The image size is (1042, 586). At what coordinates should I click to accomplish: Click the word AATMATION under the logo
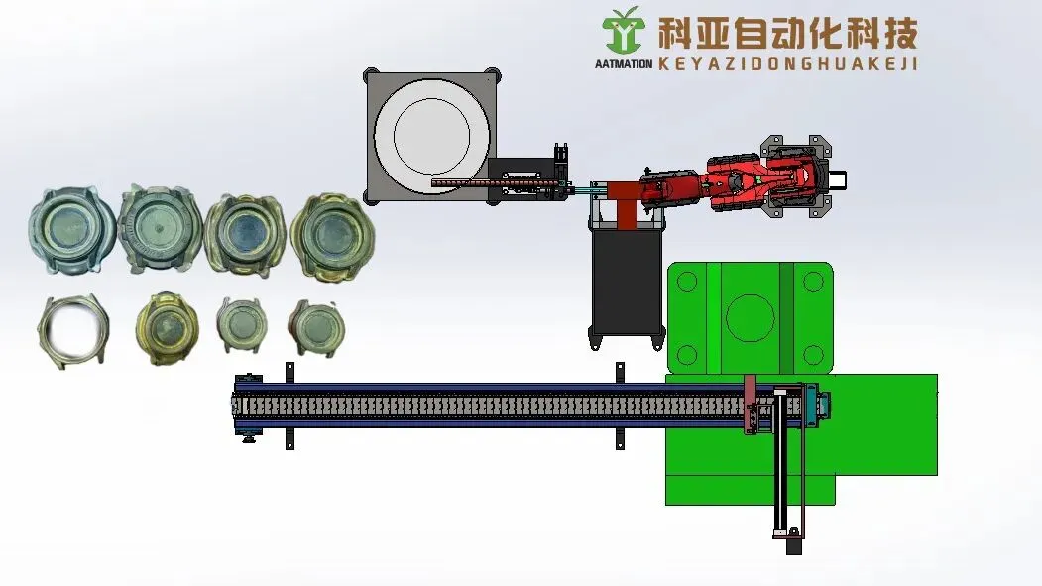(624, 64)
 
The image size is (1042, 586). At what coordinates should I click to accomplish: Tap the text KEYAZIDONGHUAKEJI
(788, 63)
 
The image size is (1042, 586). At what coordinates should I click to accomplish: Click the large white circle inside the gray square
(432, 136)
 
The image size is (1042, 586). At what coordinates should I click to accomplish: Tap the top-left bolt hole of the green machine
(686, 281)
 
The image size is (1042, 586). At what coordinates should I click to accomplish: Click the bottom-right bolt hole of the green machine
(813, 355)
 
